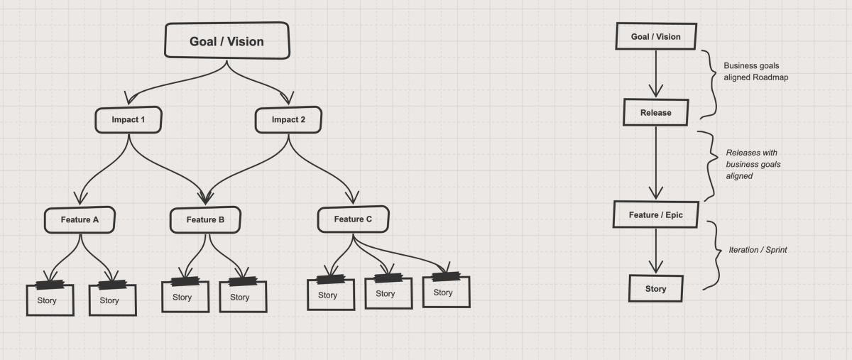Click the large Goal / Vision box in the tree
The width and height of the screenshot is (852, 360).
pyautogui.click(x=226, y=41)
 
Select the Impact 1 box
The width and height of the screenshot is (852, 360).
pyautogui.click(x=128, y=119)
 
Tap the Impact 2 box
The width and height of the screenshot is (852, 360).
pyautogui.click(x=288, y=119)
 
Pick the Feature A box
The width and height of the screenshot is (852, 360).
pyautogui.click(x=80, y=219)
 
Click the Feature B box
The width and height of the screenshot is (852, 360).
pyautogui.click(x=205, y=219)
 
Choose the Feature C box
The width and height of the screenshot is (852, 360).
pyautogui.click(x=353, y=219)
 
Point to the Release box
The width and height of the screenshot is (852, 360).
pyautogui.click(x=655, y=112)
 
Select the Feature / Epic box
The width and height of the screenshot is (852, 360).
pyautogui.click(x=655, y=214)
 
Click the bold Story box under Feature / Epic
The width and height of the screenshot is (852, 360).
pyautogui.click(x=655, y=289)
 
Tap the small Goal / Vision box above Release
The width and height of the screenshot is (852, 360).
pyautogui.click(x=655, y=37)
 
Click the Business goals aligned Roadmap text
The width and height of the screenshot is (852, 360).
pyautogui.click(x=755, y=72)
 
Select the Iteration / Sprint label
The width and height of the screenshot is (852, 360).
pyautogui.click(x=758, y=250)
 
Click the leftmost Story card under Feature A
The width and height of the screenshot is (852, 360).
pyautogui.click(x=50, y=300)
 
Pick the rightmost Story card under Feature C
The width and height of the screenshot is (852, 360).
pyautogui.click(x=446, y=292)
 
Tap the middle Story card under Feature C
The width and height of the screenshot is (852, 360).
pyautogui.click(x=388, y=293)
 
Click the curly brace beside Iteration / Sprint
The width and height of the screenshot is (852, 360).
pyautogui.click(x=712, y=254)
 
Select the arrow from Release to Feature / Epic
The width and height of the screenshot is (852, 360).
pyautogui.click(x=655, y=163)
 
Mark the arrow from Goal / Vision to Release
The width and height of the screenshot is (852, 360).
pyautogui.click(x=655, y=75)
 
